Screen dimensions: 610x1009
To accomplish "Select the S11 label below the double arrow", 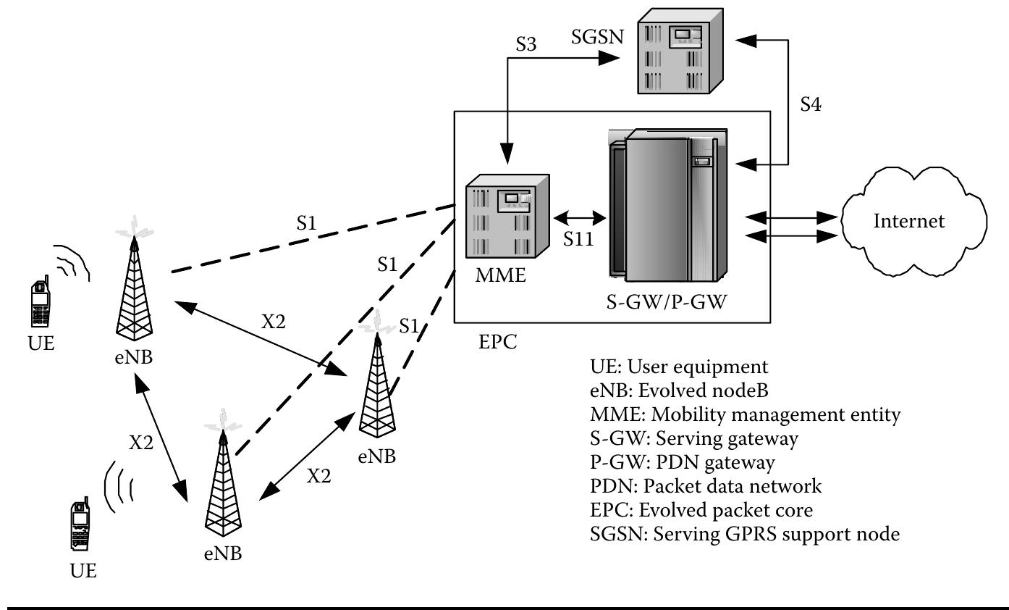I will click(x=580, y=239).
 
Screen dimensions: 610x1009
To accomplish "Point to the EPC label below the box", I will click(x=498, y=341).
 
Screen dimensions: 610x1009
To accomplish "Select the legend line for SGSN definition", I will click(x=745, y=535).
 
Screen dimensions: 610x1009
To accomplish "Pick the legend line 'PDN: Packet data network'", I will click(x=706, y=486).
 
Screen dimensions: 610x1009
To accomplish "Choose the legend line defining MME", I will click(x=746, y=414).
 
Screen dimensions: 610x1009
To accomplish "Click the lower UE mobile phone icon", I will click(x=80, y=527).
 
